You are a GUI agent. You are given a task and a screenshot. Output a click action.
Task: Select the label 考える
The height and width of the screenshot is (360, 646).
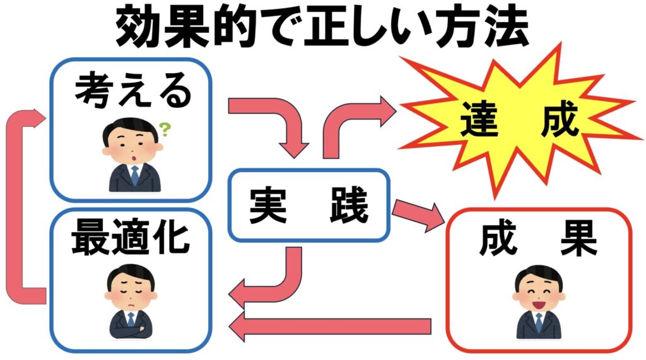pos(132,93)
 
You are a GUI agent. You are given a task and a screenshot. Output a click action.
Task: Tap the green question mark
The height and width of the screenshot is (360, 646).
pos(165,131)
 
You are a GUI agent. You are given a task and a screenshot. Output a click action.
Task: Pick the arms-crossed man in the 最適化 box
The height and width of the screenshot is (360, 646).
pos(130,303)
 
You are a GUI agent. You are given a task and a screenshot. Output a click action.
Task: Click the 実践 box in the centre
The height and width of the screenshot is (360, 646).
pos(308,206)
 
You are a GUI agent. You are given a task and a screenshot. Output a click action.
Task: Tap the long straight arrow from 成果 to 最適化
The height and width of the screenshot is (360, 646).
pos(328,326)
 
